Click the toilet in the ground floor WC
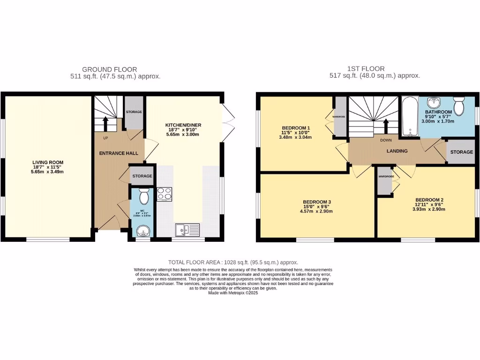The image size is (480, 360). point(144,196)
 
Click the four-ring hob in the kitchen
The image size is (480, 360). point(164,194)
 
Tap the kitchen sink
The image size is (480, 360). point(187,229)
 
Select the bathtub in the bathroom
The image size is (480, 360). point(409,117)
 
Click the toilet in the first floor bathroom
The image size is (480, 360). point(459,106)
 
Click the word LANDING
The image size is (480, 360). point(397,151)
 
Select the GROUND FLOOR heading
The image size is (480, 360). point(109,69)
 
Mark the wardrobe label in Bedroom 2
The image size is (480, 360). point(386,177)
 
